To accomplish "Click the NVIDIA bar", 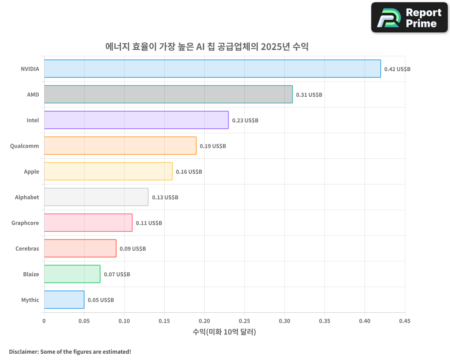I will pos(212,69).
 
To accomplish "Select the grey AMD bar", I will pos(168,94).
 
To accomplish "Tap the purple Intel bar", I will pos(136,120).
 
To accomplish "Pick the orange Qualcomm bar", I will pos(120,146).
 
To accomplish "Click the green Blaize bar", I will pos(72,274).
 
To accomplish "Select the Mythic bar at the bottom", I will pos(64,300).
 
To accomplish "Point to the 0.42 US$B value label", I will pos(397,69).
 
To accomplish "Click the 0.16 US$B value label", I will pos(189,172).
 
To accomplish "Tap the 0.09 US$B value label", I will pos(133,249).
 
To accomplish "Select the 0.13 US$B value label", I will pos(165,198).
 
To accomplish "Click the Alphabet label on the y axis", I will pos(27,197).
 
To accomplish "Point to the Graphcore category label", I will pos(25,223).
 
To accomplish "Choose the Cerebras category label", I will pos(27,248).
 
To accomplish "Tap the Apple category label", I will pos(31,171).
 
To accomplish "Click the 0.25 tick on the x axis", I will pos(244,321).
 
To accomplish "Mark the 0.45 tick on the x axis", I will pos(405,321).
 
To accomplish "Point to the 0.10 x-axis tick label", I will pos(124,321).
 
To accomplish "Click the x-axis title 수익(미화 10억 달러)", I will pos(224,332).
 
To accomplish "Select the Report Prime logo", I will pos(409,18).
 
